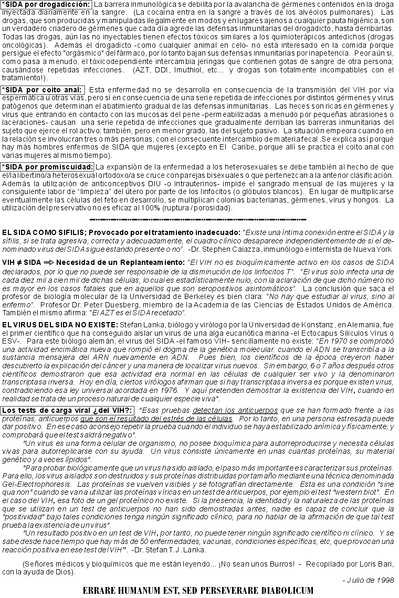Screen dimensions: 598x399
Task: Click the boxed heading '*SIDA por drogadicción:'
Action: pyautogui.click(x=47, y=5)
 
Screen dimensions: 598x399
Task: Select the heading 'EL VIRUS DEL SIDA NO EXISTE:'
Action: pyautogui.click(x=60, y=326)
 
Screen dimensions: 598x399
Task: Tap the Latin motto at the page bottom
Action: pyautogui.click(x=198, y=591)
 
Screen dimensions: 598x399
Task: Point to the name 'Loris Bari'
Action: pyautogui.click(x=376, y=564)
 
